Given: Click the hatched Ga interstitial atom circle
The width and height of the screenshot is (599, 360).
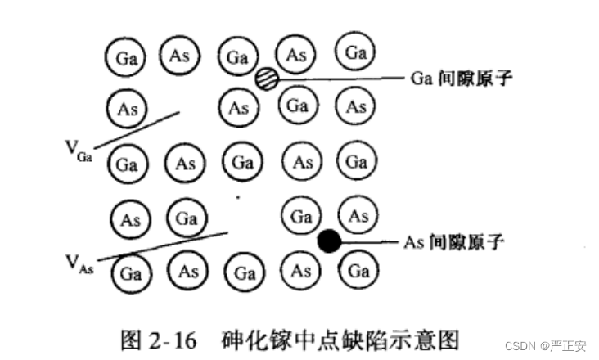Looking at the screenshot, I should coord(267,79).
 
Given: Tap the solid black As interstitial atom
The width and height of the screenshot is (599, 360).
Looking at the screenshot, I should coord(329,241).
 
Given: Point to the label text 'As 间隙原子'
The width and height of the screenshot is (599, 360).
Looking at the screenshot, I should coord(453,241).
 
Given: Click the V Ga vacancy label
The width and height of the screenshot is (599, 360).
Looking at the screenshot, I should coord(79,148).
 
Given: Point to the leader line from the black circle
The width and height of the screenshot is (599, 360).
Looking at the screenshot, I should coord(369,242).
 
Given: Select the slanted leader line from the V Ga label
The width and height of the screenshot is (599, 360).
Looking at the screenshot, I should coord(136,126).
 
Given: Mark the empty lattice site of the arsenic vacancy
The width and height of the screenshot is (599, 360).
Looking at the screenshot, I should coord(241,218).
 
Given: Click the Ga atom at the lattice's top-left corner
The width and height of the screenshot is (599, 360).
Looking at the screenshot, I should coord(125,58).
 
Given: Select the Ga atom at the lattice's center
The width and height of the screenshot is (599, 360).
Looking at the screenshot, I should coord(241,162).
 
